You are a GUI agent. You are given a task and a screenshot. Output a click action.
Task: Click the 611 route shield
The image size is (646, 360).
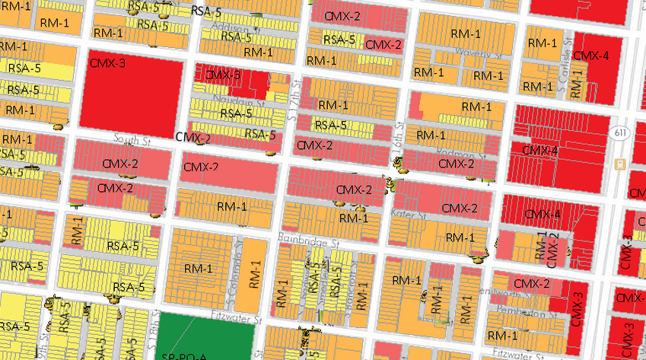point(616,132)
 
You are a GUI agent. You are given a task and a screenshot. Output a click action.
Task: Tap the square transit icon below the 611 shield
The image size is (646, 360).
point(621,163)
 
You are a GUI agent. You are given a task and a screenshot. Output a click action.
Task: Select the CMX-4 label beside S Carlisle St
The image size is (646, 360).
point(590,56)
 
